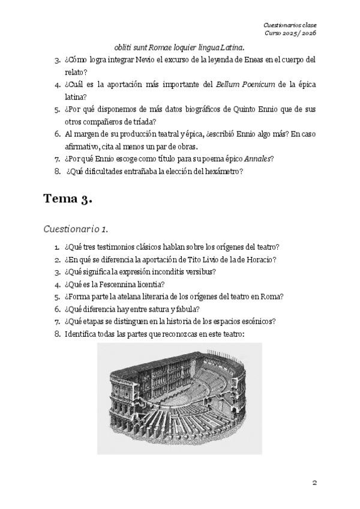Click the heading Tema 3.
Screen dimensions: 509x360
coord(67,200)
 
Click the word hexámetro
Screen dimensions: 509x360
coord(221,171)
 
